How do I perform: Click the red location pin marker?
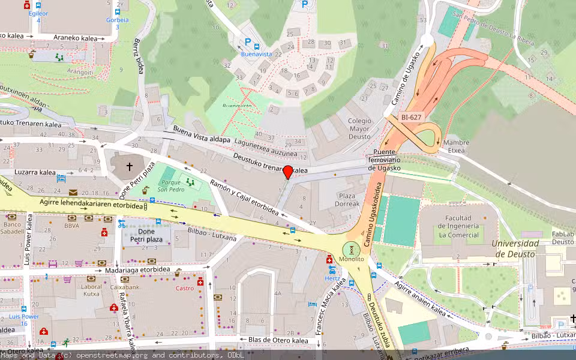coord(288,172)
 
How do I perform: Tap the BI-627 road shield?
coord(412,118)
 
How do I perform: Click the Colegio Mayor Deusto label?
coord(359,128)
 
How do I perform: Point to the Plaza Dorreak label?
coord(347,200)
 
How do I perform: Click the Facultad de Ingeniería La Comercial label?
coord(458,226)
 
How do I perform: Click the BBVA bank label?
coord(71,226)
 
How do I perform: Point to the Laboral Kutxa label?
coord(92,290)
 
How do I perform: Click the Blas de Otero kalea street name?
coord(278,341)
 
